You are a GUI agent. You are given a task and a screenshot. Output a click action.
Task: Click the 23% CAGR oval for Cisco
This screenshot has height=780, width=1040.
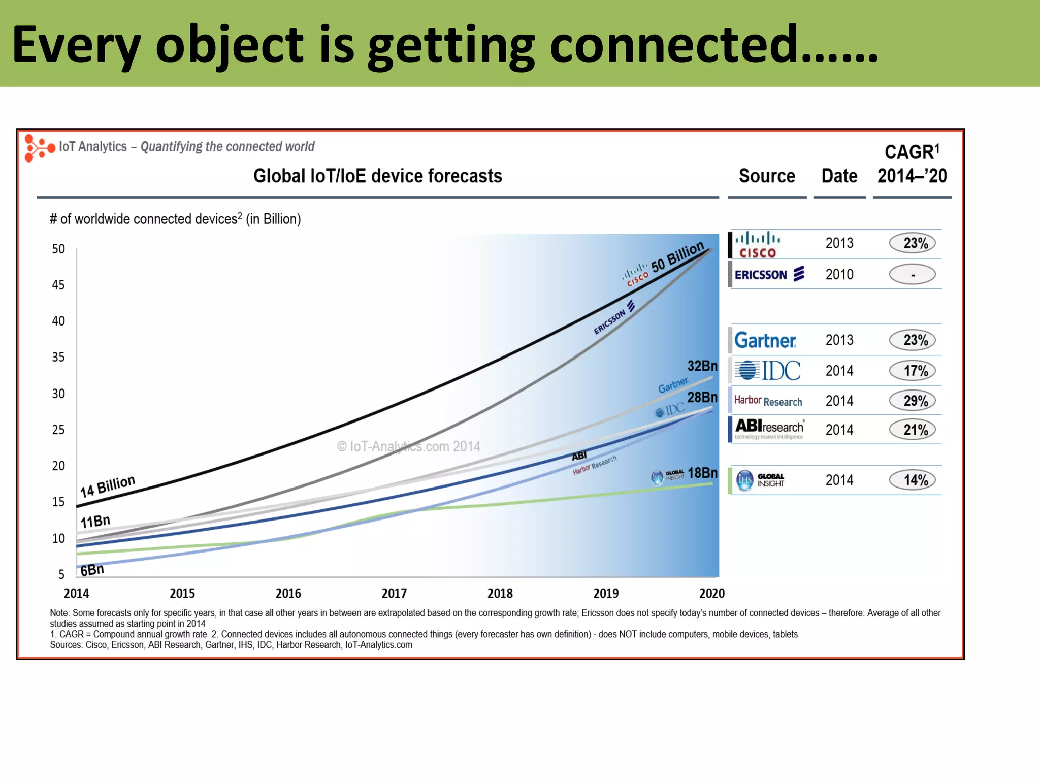click(x=912, y=243)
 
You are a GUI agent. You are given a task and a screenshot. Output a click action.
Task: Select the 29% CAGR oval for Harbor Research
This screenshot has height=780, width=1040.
click(x=912, y=401)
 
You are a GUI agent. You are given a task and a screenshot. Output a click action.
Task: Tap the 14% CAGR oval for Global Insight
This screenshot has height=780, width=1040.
click(x=912, y=480)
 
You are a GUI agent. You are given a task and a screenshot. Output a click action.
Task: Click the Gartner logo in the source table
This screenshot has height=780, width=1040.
click(x=765, y=340)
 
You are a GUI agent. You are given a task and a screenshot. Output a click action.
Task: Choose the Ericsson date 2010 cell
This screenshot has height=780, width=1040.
click(x=839, y=275)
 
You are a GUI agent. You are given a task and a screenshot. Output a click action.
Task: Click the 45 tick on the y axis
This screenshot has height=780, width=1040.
click(x=58, y=285)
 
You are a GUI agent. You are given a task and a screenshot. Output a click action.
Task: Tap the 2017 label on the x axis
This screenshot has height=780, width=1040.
click(x=394, y=593)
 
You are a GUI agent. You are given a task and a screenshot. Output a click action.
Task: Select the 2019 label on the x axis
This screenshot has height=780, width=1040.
click(x=606, y=593)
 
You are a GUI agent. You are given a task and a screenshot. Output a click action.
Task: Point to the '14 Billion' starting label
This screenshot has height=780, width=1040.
click(x=108, y=486)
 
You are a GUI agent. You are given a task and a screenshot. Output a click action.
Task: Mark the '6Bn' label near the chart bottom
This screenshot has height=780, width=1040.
click(x=92, y=570)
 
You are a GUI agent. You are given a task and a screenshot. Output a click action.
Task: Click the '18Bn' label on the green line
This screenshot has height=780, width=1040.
click(x=702, y=473)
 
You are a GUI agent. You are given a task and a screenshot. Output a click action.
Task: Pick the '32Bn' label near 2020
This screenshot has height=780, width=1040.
click(x=702, y=366)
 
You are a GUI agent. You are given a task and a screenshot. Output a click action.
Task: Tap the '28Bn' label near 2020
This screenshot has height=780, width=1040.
click(x=702, y=397)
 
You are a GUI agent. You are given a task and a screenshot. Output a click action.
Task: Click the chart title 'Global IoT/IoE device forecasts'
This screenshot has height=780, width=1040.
click(x=377, y=176)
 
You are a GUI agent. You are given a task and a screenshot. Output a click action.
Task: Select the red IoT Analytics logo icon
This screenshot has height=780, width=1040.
click(x=39, y=148)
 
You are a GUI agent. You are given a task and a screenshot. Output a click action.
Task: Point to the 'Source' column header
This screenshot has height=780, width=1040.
click(x=767, y=176)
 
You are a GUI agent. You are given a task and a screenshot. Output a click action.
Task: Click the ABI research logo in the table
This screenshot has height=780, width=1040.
click(x=769, y=429)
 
